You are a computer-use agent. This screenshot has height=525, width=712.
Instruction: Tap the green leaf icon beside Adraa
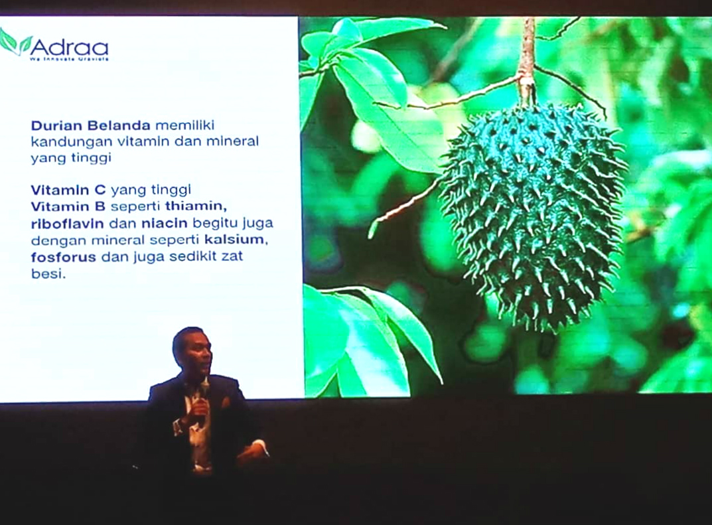pos(15,42)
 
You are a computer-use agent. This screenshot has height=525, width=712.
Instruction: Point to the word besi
pos(47,272)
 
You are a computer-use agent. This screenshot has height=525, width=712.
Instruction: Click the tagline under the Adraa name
pos(68,59)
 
